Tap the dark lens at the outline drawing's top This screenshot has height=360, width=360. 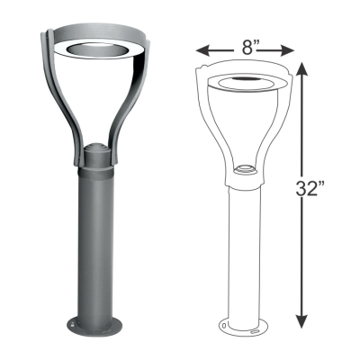point(244,84)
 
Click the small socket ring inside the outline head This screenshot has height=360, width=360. point(244,168)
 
